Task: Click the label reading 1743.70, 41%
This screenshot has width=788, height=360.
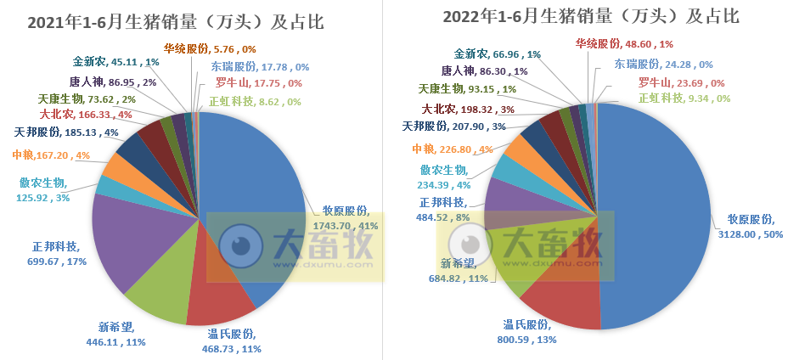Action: click(345, 226)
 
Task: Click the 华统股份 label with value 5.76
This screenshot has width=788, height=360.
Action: click(201, 49)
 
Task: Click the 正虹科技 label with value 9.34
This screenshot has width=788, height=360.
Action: click(683, 98)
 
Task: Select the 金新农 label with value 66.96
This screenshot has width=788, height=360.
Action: click(498, 55)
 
